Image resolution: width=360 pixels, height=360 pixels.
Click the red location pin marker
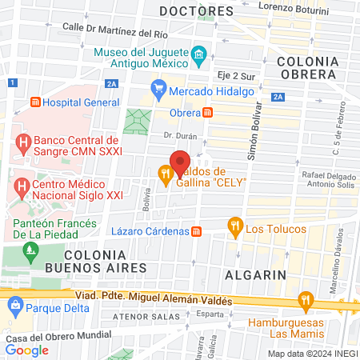[180, 159]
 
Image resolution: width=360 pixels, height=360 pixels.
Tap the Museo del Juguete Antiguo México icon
[199, 58]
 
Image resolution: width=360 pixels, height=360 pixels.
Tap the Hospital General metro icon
[34, 102]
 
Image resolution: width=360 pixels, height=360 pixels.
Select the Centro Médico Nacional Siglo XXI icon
[21, 190]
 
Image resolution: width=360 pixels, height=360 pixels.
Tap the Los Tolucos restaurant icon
[234, 226]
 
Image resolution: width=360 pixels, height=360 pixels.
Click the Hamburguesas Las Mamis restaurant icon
[305, 302]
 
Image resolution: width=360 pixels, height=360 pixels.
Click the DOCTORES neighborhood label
[196, 11]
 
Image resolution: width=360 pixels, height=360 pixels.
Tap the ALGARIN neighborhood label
[255, 274]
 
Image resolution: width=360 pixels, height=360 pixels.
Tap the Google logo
[26, 350]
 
